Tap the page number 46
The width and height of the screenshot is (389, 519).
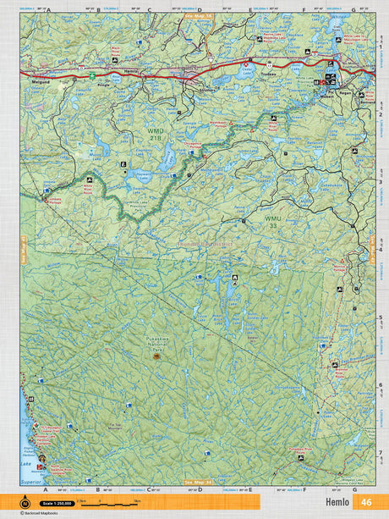[366, 502]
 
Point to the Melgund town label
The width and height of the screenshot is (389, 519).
[37, 82]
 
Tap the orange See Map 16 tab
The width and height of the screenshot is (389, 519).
[200, 15]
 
